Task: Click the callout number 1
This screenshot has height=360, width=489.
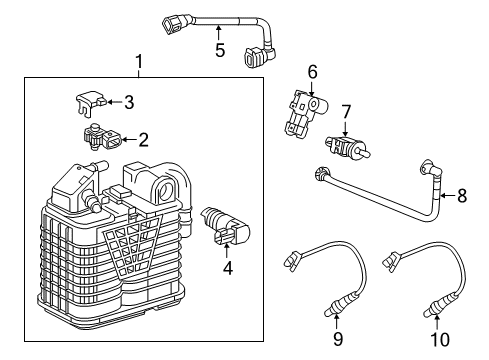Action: tap(139, 63)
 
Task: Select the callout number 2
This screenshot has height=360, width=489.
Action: tap(143, 139)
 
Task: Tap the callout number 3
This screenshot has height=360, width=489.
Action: tap(129, 101)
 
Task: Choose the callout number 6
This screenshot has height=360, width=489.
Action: tap(312, 72)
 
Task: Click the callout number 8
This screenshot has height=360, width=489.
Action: tap(461, 196)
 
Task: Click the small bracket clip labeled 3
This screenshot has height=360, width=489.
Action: tap(91, 100)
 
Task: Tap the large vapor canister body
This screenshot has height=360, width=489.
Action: tap(100, 240)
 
